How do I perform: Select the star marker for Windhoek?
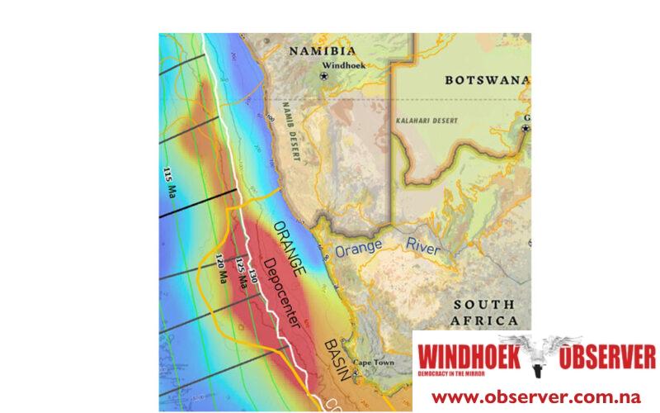(x=324, y=75)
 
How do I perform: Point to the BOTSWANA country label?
(x=485, y=80)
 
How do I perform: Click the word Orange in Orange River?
(x=356, y=248)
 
